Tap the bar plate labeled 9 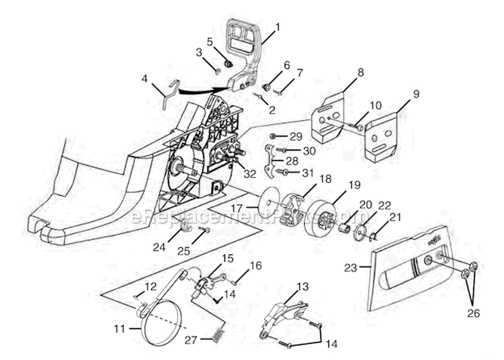click(387, 138)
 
